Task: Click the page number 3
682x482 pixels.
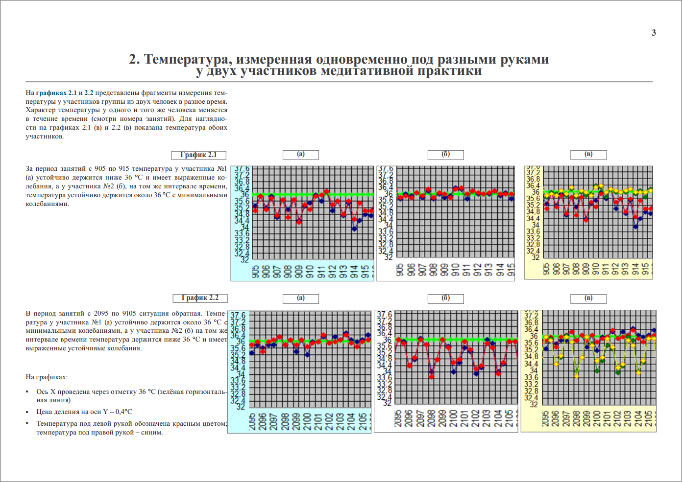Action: pos(654,33)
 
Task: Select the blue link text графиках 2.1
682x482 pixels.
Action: pos(56,92)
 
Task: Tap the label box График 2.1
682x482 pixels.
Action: pos(198,155)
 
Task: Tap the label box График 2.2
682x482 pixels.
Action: pos(200,298)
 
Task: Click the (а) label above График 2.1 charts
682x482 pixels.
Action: pos(301,155)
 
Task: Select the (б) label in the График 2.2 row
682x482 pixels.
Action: pos(446,298)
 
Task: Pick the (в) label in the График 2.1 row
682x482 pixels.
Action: pos(588,155)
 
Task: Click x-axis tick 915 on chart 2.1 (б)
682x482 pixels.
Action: pos(511,270)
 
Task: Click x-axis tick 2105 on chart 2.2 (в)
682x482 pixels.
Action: pos(649,418)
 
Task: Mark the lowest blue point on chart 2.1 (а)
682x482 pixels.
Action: pos(354,229)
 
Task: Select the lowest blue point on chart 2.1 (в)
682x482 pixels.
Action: pos(635,227)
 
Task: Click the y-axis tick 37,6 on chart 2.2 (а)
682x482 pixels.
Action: pos(238,316)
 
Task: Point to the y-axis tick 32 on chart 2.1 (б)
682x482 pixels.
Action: pos(388,257)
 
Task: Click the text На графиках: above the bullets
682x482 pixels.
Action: pos(47,377)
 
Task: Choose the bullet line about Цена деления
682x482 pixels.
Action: pos(84,412)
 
